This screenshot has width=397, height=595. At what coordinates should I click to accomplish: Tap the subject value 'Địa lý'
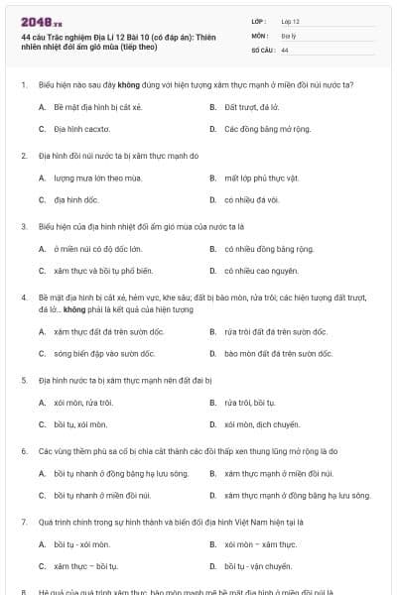(x=288, y=35)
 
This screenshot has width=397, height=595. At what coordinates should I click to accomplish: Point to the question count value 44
(x=285, y=50)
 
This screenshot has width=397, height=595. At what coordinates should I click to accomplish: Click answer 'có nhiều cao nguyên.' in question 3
(x=257, y=271)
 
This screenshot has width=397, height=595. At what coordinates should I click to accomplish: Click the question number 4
(x=23, y=297)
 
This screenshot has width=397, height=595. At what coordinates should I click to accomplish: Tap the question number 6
(x=23, y=450)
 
